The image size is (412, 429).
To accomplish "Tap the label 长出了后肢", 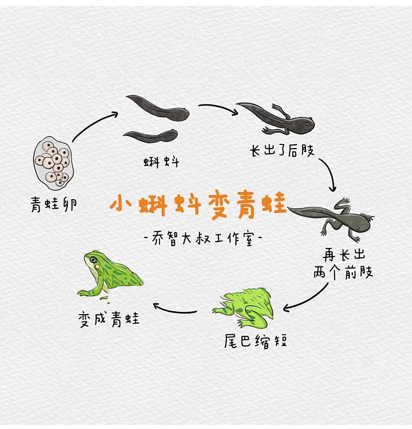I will pyautogui.click(x=282, y=150).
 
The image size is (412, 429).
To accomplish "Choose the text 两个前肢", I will pyautogui.click(x=343, y=272).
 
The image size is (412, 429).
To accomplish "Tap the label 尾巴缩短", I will pyautogui.click(x=255, y=341).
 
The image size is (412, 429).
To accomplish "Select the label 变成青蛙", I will pyautogui.click(x=109, y=319).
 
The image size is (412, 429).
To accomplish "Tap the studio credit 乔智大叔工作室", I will pyautogui.click(x=203, y=239).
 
